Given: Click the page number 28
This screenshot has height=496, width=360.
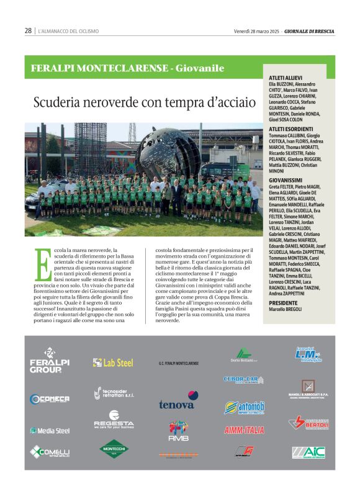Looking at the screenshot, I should pos(28,30).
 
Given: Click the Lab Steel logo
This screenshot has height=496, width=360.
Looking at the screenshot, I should pos(113,363).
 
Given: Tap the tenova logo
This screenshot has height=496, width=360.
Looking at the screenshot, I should pos(178,400).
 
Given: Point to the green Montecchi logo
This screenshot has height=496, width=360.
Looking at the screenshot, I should pos(114,448).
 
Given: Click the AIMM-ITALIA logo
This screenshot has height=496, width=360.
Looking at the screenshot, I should pos(244,430).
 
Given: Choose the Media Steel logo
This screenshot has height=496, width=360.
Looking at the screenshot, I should pos(50,430).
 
